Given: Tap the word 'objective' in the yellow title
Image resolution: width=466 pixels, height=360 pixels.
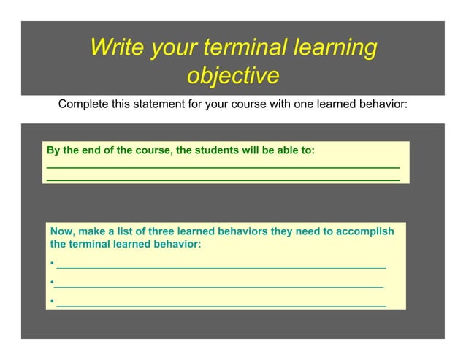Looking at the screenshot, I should [233, 75].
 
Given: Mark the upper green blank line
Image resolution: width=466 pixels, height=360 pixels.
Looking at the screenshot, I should [223, 168].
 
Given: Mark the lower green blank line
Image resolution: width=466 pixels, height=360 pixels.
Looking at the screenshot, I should [223, 179].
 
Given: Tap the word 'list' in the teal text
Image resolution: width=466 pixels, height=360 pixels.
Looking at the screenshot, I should [127, 231].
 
